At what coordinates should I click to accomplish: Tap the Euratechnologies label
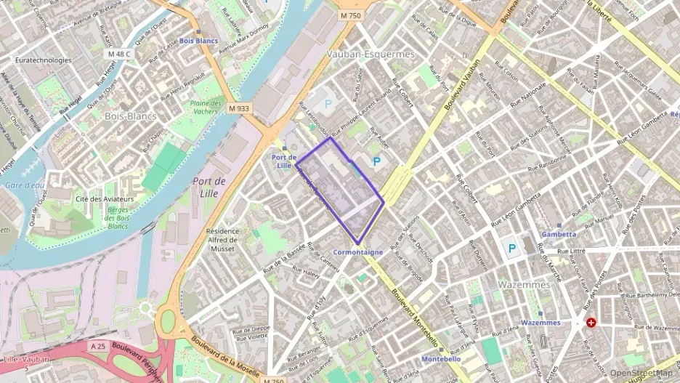click(44, 60)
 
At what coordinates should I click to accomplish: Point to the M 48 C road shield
click(118, 54)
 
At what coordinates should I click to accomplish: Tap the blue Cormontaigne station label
click(357, 252)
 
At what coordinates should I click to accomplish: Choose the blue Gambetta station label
click(559, 234)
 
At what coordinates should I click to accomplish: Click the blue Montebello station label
click(441, 358)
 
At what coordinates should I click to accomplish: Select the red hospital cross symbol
click(591, 322)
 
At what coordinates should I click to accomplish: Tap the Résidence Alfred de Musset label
click(222, 240)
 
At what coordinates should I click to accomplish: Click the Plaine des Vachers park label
click(206, 107)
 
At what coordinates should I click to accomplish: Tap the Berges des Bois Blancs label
click(108, 218)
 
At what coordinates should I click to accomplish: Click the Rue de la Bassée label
click(285, 259)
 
